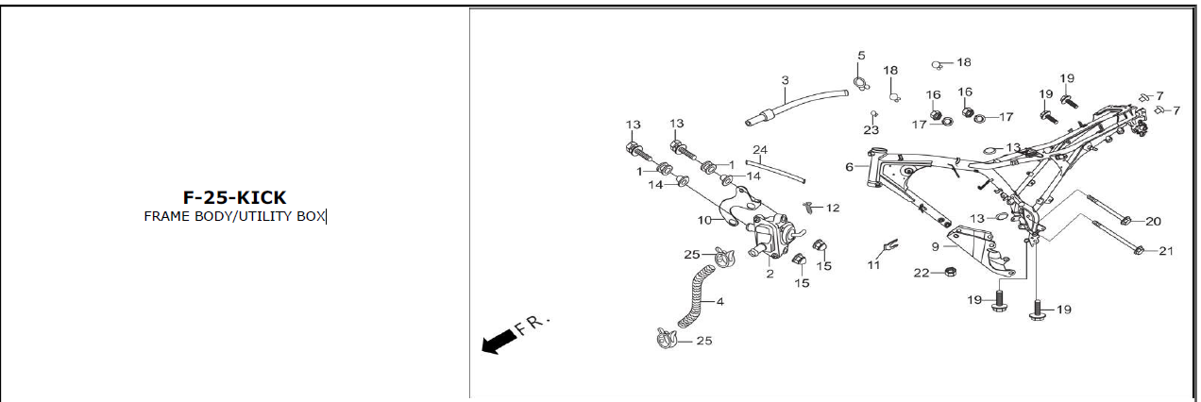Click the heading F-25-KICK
tap(234, 198)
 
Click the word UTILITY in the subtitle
tap(266, 216)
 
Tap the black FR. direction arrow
tap(499, 342)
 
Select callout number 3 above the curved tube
tap(785, 80)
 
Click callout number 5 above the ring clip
tap(861, 56)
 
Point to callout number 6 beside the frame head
tap(849, 167)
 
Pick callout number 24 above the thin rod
tap(760, 149)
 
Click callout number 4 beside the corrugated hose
tap(720, 302)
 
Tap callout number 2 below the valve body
tap(770, 274)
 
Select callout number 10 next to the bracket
tap(704, 220)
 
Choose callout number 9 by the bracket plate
tap(936, 246)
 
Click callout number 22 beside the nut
tap(922, 274)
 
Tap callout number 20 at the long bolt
tap(1153, 222)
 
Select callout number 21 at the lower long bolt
tap(1166, 251)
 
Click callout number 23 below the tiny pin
tap(871, 130)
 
